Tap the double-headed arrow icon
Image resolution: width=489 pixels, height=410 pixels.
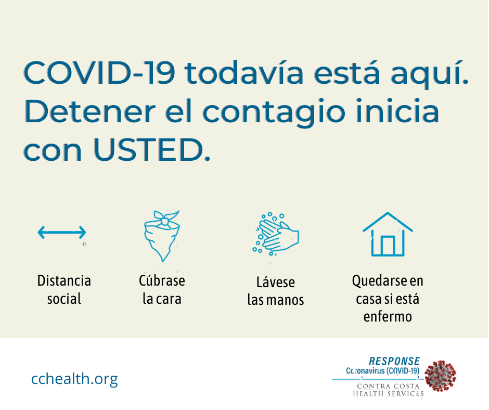[x=61, y=232]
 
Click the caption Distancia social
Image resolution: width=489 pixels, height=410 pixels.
[x=64, y=290]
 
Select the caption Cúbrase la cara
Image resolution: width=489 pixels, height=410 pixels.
[x=162, y=290]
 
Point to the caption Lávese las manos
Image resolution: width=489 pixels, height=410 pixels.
[x=276, y=291]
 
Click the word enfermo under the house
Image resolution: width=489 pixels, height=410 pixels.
[x=388, y=316]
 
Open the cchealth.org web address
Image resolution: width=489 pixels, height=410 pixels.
[x=74, y=378]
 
